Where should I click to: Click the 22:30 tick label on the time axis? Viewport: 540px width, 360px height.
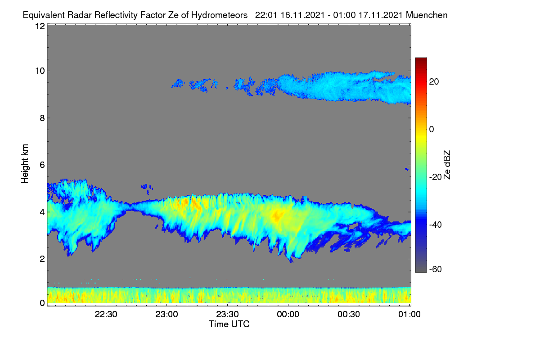click(106, 315)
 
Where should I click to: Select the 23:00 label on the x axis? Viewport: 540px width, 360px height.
click(166, 315)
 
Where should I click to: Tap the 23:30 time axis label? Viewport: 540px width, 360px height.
click(227, 315)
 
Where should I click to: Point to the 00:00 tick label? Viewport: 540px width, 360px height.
click(288, 315)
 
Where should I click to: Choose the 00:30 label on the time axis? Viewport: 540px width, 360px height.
click(349, 315)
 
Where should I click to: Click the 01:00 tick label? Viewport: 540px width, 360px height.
click(409, 315)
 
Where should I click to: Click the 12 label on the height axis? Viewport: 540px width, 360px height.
click(40, 26)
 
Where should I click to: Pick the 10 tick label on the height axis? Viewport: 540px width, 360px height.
click(40, 71)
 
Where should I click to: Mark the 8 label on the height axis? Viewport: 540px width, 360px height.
click(42, 118)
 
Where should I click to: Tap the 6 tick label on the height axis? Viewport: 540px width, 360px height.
click(42, 165)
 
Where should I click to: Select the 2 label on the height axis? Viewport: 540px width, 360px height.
click(42, 259)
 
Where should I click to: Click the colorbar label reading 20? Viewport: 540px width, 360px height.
click(434, 82)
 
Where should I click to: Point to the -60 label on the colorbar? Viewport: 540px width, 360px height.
click(436, 269)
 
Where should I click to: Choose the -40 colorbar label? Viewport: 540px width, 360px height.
click(436, 225)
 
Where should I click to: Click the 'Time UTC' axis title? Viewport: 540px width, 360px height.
click(229, 324)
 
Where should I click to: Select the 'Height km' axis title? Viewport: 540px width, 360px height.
click(25, 164)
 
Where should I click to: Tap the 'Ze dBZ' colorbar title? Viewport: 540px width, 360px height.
click(447, 165)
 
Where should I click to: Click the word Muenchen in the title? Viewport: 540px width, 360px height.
click(427, 15)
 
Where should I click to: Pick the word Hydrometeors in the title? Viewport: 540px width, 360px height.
click(220, 15)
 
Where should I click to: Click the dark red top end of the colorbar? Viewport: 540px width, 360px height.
click(421, 58)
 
